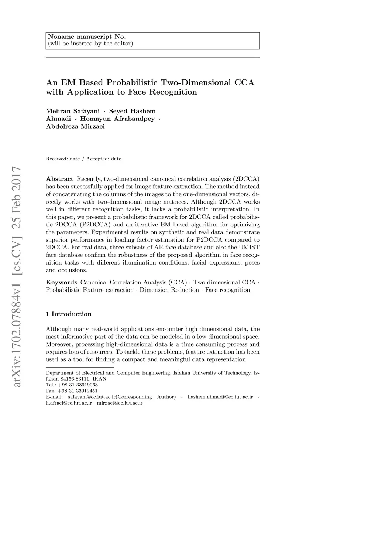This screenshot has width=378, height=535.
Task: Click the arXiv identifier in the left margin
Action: tap(17, 277)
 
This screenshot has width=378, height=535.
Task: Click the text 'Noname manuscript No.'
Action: tap(87, 37)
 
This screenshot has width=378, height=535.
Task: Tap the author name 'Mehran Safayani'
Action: tap(73, 111)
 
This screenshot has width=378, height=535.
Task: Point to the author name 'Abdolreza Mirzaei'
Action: tap(75, 126)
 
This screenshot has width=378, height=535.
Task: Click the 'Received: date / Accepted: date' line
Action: tap(83, 159)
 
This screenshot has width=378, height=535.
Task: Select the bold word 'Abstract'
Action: tap(59, 179)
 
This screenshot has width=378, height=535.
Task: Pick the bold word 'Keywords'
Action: tap(61, 282)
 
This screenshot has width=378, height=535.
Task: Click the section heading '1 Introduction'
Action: tap(69, 314)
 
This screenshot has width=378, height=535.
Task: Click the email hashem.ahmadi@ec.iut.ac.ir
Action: tap(220, 397)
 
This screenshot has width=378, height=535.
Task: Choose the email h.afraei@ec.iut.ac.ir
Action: tap(69, 403)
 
